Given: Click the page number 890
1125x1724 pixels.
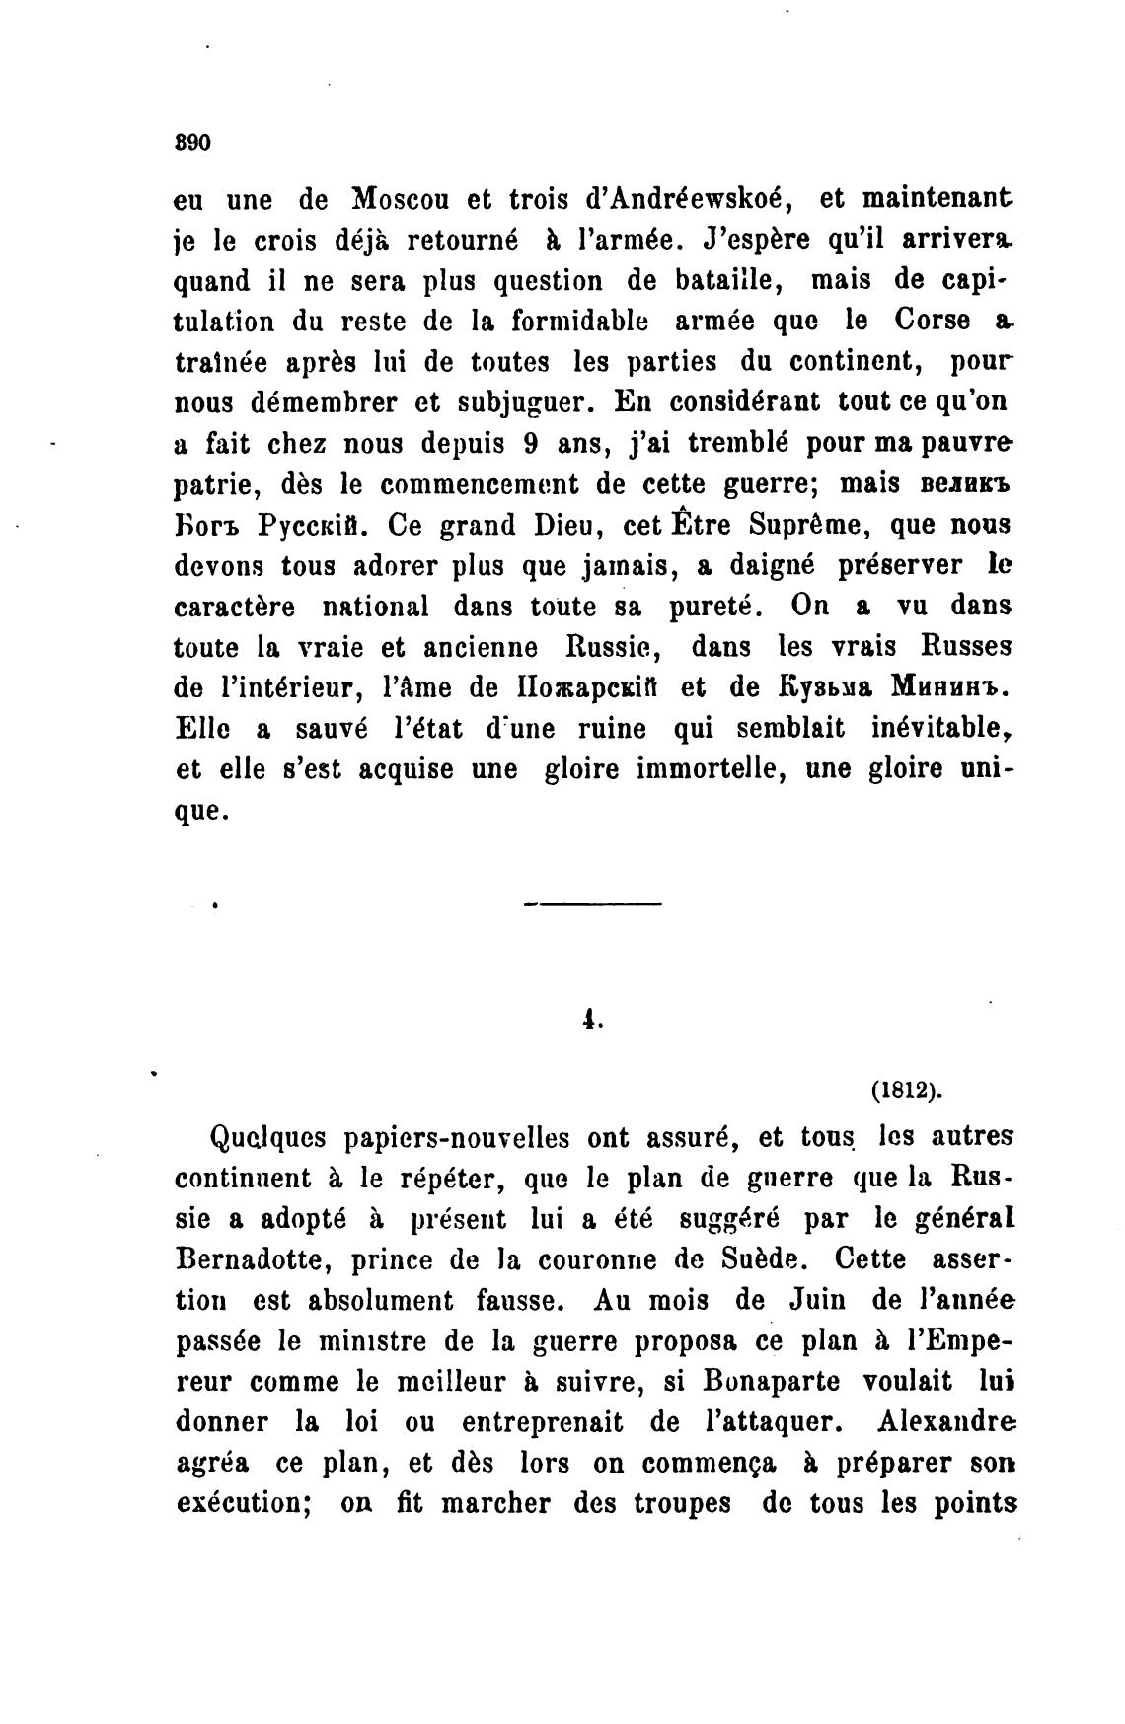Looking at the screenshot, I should click(x=192, y=143).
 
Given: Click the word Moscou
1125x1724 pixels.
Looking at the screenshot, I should click(x=402, y=199).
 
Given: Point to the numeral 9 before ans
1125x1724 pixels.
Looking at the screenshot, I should click(x=530, y=444).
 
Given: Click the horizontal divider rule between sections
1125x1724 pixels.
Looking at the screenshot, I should click(x=592, y=904).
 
